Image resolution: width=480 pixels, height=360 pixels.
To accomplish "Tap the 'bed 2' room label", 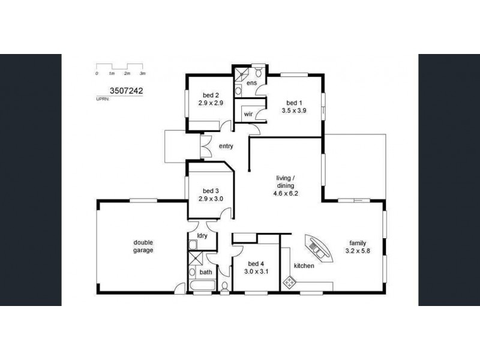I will [211, 95].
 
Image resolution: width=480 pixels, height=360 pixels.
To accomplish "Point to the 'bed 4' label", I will [256, 263].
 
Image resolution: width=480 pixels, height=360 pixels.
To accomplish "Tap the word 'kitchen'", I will [304, 266].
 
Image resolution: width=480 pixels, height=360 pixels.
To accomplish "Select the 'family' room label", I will [358, 242].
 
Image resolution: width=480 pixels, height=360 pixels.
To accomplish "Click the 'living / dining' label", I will [286, 182].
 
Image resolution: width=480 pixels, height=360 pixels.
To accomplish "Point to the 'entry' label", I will [226, 146].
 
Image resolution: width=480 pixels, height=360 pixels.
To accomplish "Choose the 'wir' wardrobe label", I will [247, 113].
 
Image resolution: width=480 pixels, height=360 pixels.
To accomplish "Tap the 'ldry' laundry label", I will [202, 236].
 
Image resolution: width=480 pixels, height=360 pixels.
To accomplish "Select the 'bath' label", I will [206, 272].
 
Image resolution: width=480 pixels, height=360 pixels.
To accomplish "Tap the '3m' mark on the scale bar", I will [142, 73].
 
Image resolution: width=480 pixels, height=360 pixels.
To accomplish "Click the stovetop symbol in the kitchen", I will [290, 282].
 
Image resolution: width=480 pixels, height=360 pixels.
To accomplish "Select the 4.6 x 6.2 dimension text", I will [286, 194].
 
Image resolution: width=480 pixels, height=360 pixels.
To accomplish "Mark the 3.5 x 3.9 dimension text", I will [294, 110].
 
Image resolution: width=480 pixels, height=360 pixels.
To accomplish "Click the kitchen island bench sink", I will [318, 248].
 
